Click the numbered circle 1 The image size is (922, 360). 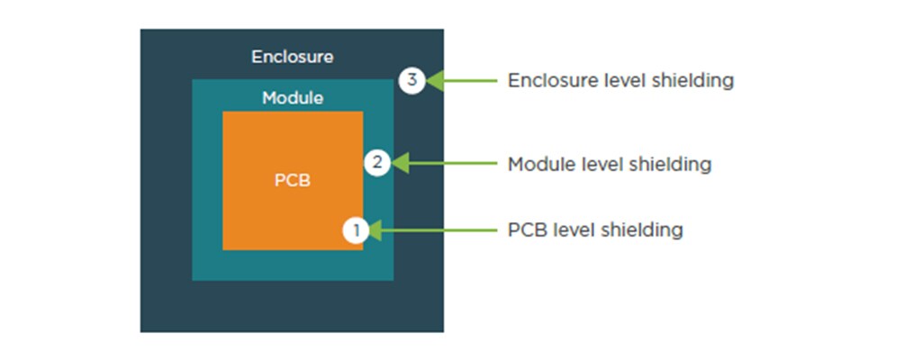click(357, 230)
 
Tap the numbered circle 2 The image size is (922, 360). click(377, 163)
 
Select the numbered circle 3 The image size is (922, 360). click(411, 80)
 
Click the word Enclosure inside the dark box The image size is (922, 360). click(292, 57)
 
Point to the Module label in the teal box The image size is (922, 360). click(293, 97)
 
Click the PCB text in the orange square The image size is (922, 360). click(292, 180)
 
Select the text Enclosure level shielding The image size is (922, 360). click(620, 80)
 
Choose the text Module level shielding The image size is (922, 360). click(610, 164)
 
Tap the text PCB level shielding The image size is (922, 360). click(595, 230)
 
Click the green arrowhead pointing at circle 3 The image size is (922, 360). click(435, 80)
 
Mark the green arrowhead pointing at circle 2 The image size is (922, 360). click(401, 163)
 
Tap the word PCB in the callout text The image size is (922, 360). click(525, 230)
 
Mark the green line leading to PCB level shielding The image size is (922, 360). click(442, 230)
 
